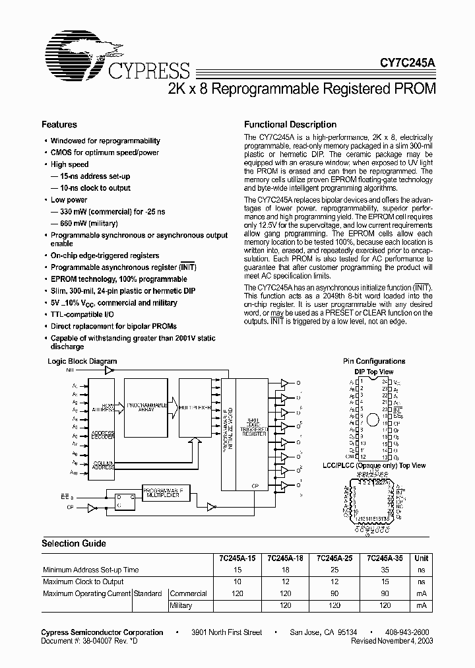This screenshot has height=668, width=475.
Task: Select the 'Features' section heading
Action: [59, 124]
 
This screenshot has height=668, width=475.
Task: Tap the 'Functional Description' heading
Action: [290, 124]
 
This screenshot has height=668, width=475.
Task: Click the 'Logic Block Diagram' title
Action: [82, 361]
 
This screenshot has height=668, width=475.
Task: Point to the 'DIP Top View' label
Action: [374, 372]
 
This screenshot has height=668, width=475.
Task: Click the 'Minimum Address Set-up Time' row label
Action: [90, 570]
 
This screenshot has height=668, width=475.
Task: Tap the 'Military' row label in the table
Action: [182, 605]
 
